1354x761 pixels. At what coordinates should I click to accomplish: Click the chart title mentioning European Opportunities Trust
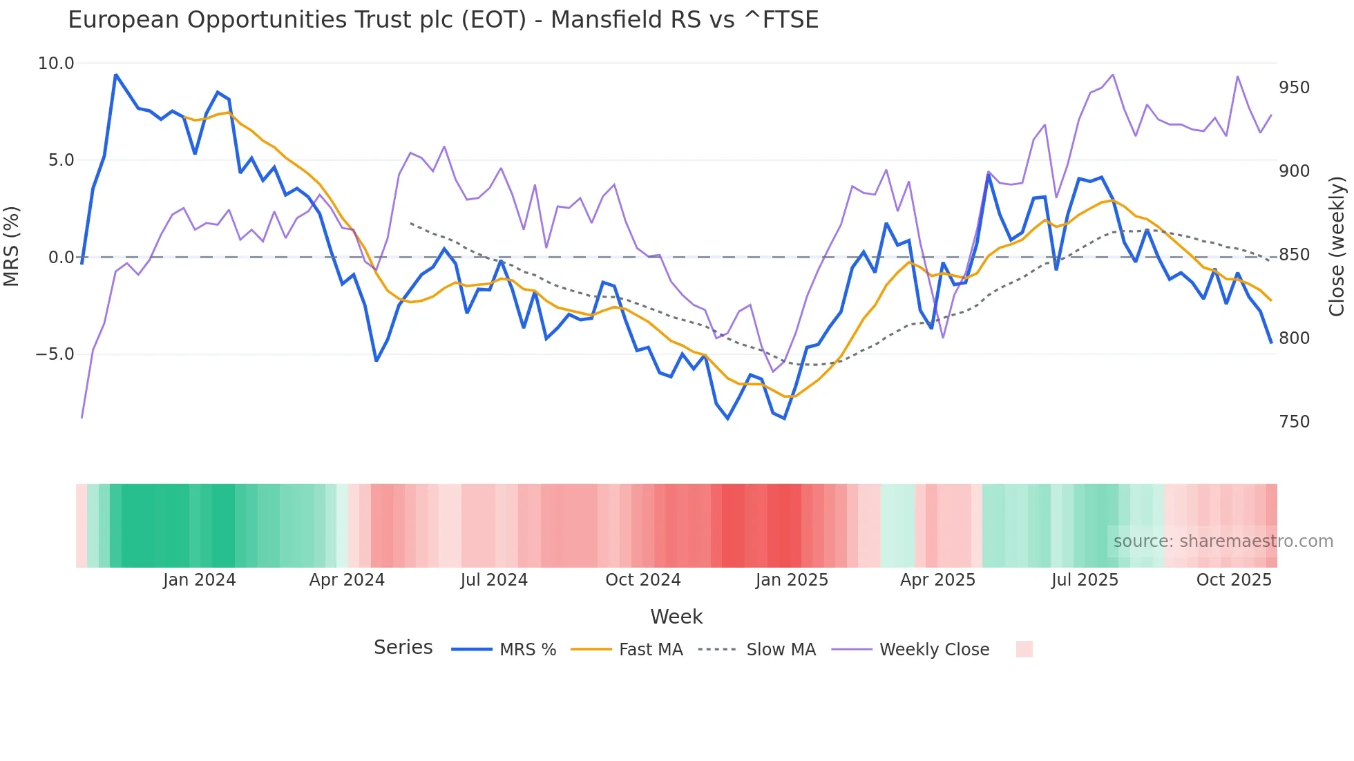[443, 20]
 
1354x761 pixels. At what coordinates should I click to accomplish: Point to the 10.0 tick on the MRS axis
[55, 64]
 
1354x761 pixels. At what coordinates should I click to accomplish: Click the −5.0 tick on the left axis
[55, 354]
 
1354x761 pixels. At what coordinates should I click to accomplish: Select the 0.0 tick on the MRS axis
[61, 258]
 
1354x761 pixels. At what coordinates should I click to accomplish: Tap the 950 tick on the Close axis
[1294, 88]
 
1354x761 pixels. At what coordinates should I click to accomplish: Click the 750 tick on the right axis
[1294, 422]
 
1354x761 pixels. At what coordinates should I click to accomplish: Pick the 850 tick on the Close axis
[1294, 255]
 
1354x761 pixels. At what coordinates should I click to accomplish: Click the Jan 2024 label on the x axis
[199, 580]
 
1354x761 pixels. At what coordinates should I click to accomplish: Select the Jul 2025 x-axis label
[1085, 580]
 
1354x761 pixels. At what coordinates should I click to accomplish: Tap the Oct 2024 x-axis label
[643, 580]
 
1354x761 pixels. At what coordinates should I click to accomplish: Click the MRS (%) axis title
[11, 246]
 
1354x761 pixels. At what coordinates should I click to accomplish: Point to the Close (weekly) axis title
[1337, 247]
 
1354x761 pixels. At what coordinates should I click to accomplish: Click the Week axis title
[676, 617]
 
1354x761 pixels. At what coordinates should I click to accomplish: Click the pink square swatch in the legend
[1024, 649]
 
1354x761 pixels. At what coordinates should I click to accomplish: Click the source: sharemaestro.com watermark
[1223, 541]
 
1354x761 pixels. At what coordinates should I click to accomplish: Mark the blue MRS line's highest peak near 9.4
[115, 75]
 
